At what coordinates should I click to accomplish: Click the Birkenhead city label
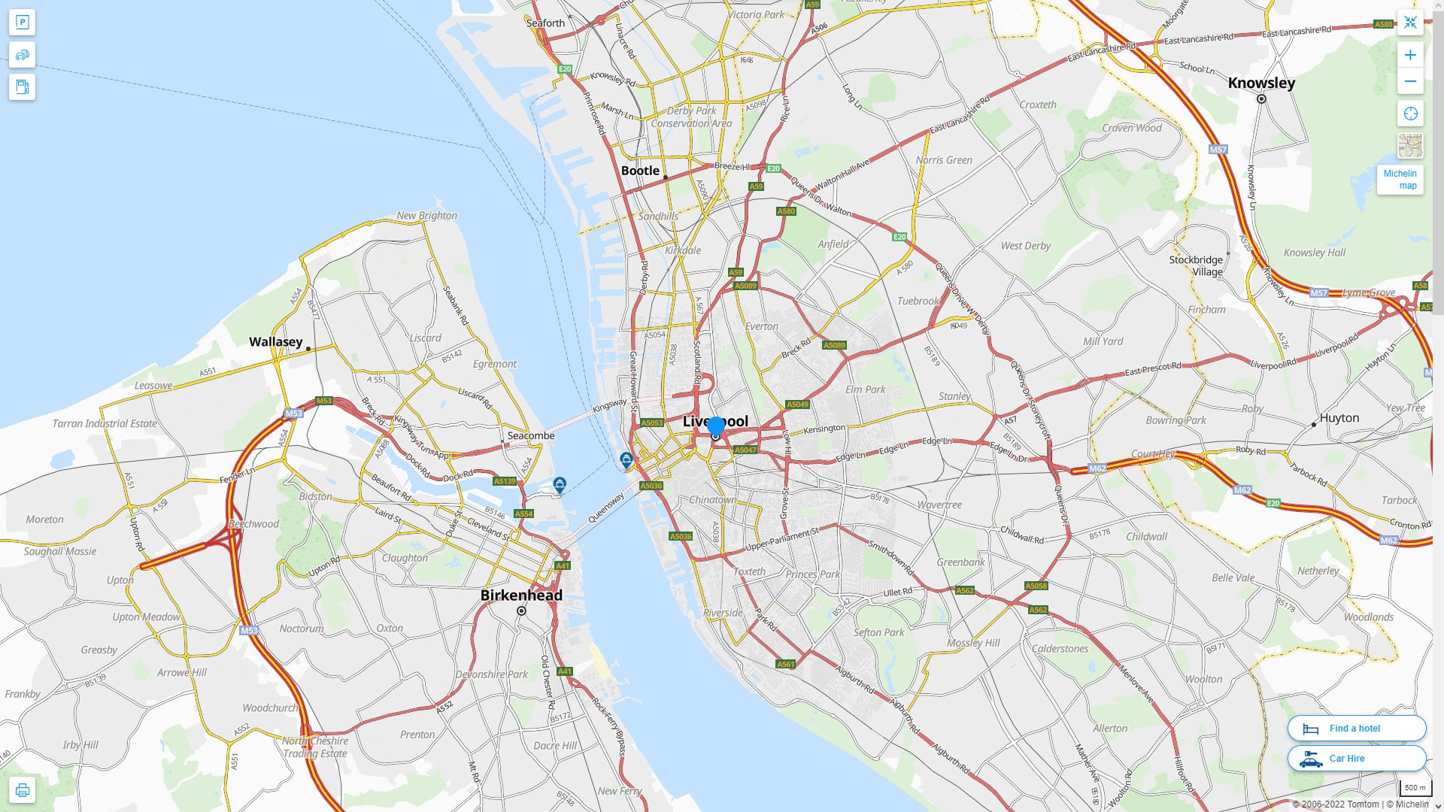[521, 595]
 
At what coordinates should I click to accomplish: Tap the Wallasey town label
[276, 342]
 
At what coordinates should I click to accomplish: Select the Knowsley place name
[1261, 83]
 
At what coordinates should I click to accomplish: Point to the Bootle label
[640, 171]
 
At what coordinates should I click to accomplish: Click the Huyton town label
[1339, 418]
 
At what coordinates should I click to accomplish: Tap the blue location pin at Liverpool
[716, 427]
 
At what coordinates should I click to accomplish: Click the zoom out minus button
[1410, 81]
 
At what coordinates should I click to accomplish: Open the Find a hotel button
[1356, 728]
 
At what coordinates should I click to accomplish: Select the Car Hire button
[1356, 758]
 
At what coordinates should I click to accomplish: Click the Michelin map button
[1400, 180]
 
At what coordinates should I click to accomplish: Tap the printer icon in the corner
[22, 789]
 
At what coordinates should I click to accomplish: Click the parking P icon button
[22, 23]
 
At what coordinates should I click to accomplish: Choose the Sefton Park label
[878, 632]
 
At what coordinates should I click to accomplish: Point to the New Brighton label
[426, 216]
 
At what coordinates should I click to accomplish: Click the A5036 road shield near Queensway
[651, 486]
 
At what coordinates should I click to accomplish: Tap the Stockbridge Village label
[1196, 265]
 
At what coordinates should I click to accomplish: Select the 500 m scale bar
[1415, 788]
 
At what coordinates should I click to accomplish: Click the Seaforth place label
[545, 23]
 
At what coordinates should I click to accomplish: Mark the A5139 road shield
[505, 481]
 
